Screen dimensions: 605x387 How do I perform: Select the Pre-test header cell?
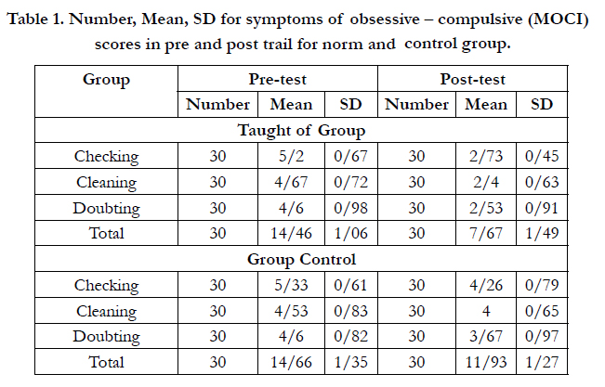coord(278,79)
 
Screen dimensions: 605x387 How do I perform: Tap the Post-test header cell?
coord(472,79)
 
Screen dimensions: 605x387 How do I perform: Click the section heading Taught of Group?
coord(301,130)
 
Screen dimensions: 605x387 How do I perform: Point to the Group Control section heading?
coord(301,259)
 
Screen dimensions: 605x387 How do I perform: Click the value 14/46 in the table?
coord(291,233)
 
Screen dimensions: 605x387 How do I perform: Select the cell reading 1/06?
coord(350,233)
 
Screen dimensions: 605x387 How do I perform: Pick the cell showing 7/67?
coord(486,233)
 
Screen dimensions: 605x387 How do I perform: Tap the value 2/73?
coord(486,156)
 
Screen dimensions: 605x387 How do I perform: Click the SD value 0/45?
coord(542,156)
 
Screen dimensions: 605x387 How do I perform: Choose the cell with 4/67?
coord(291,182)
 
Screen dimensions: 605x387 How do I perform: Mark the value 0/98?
coord(350,208)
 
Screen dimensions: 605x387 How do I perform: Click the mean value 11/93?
coord(486,362)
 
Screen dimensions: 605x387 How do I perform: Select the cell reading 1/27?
coord(542,362)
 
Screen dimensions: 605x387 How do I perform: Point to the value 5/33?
coord(291,285)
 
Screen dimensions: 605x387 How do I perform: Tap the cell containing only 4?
coord(486,311)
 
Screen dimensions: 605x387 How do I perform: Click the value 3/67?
coord(486,336)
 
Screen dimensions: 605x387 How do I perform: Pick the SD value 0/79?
coord(542,285)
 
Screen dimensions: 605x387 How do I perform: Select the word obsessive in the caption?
coord(385,19)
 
